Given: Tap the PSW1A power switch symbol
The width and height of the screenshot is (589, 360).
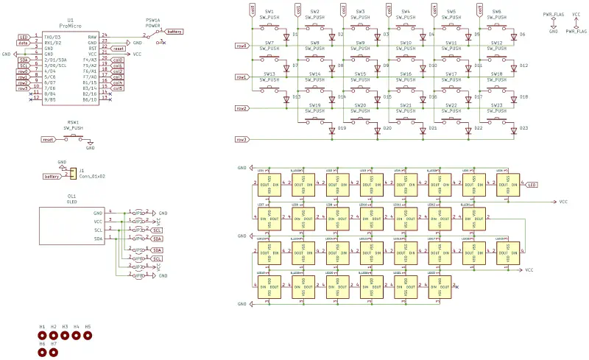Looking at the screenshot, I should [x=154, y=35].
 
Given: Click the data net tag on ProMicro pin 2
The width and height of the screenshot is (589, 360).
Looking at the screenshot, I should [x=24, y=43].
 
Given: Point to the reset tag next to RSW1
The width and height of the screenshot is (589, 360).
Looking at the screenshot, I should [x=49, y=138].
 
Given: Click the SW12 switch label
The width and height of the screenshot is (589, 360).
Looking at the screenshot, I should [x=497, y=43].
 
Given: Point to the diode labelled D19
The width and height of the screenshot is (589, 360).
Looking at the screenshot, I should [x=332, y=129].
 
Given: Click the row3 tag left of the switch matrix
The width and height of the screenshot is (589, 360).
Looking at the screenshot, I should [x=241, y=139].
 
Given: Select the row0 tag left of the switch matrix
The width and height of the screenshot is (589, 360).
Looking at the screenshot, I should [x=241, y=46].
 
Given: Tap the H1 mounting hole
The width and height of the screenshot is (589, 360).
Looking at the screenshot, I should [x=43, y=336].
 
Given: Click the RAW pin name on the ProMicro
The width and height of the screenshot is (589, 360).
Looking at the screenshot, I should [x=92, y=36].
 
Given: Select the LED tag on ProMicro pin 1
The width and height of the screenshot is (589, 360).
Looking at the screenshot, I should [x=24, y=37].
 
